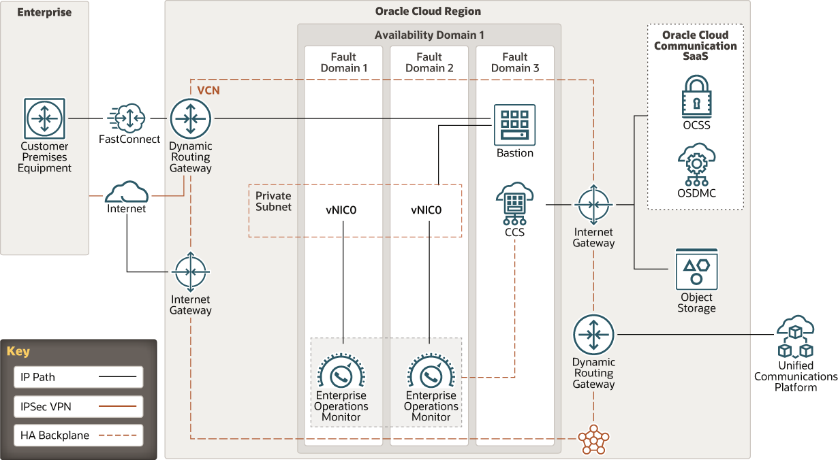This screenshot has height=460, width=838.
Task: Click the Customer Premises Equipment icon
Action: click(x=45, y=118)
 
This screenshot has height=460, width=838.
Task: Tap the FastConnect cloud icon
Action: click(x=127, y=118)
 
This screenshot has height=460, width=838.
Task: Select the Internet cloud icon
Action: click(x=127, y=191)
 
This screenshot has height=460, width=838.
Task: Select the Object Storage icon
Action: click(x=696, y=269)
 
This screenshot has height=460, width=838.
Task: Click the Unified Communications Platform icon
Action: click(x=795, y=338)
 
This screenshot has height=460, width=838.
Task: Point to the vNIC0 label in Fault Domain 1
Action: click(x=341, y=210)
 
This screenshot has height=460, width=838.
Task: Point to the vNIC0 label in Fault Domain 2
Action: click(x=426, y=210)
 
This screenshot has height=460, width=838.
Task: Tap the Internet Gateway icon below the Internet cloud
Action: click(x=190, y=272)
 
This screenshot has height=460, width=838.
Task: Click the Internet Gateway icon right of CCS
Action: click(x=593, y=205)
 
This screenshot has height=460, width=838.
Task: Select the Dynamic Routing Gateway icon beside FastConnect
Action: click(x=191, y=118)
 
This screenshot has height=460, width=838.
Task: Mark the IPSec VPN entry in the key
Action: click(x=78, y=406)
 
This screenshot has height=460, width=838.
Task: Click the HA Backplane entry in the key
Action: click(x=78, y=435)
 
